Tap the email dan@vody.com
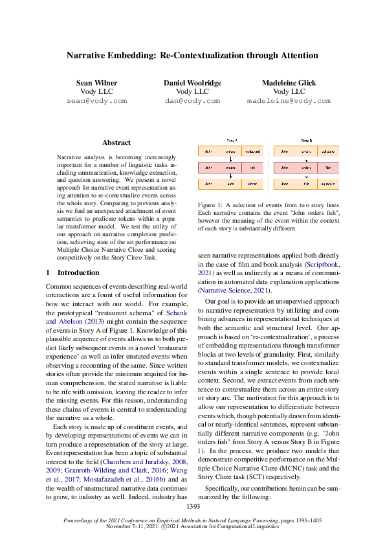(192, 101)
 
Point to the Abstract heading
(116, 142)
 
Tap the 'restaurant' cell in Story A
(252, 151)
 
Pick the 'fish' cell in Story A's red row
(252, 168)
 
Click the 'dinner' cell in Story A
(252, 184)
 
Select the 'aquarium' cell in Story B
(328, 184)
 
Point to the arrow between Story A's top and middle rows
(231, 159)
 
